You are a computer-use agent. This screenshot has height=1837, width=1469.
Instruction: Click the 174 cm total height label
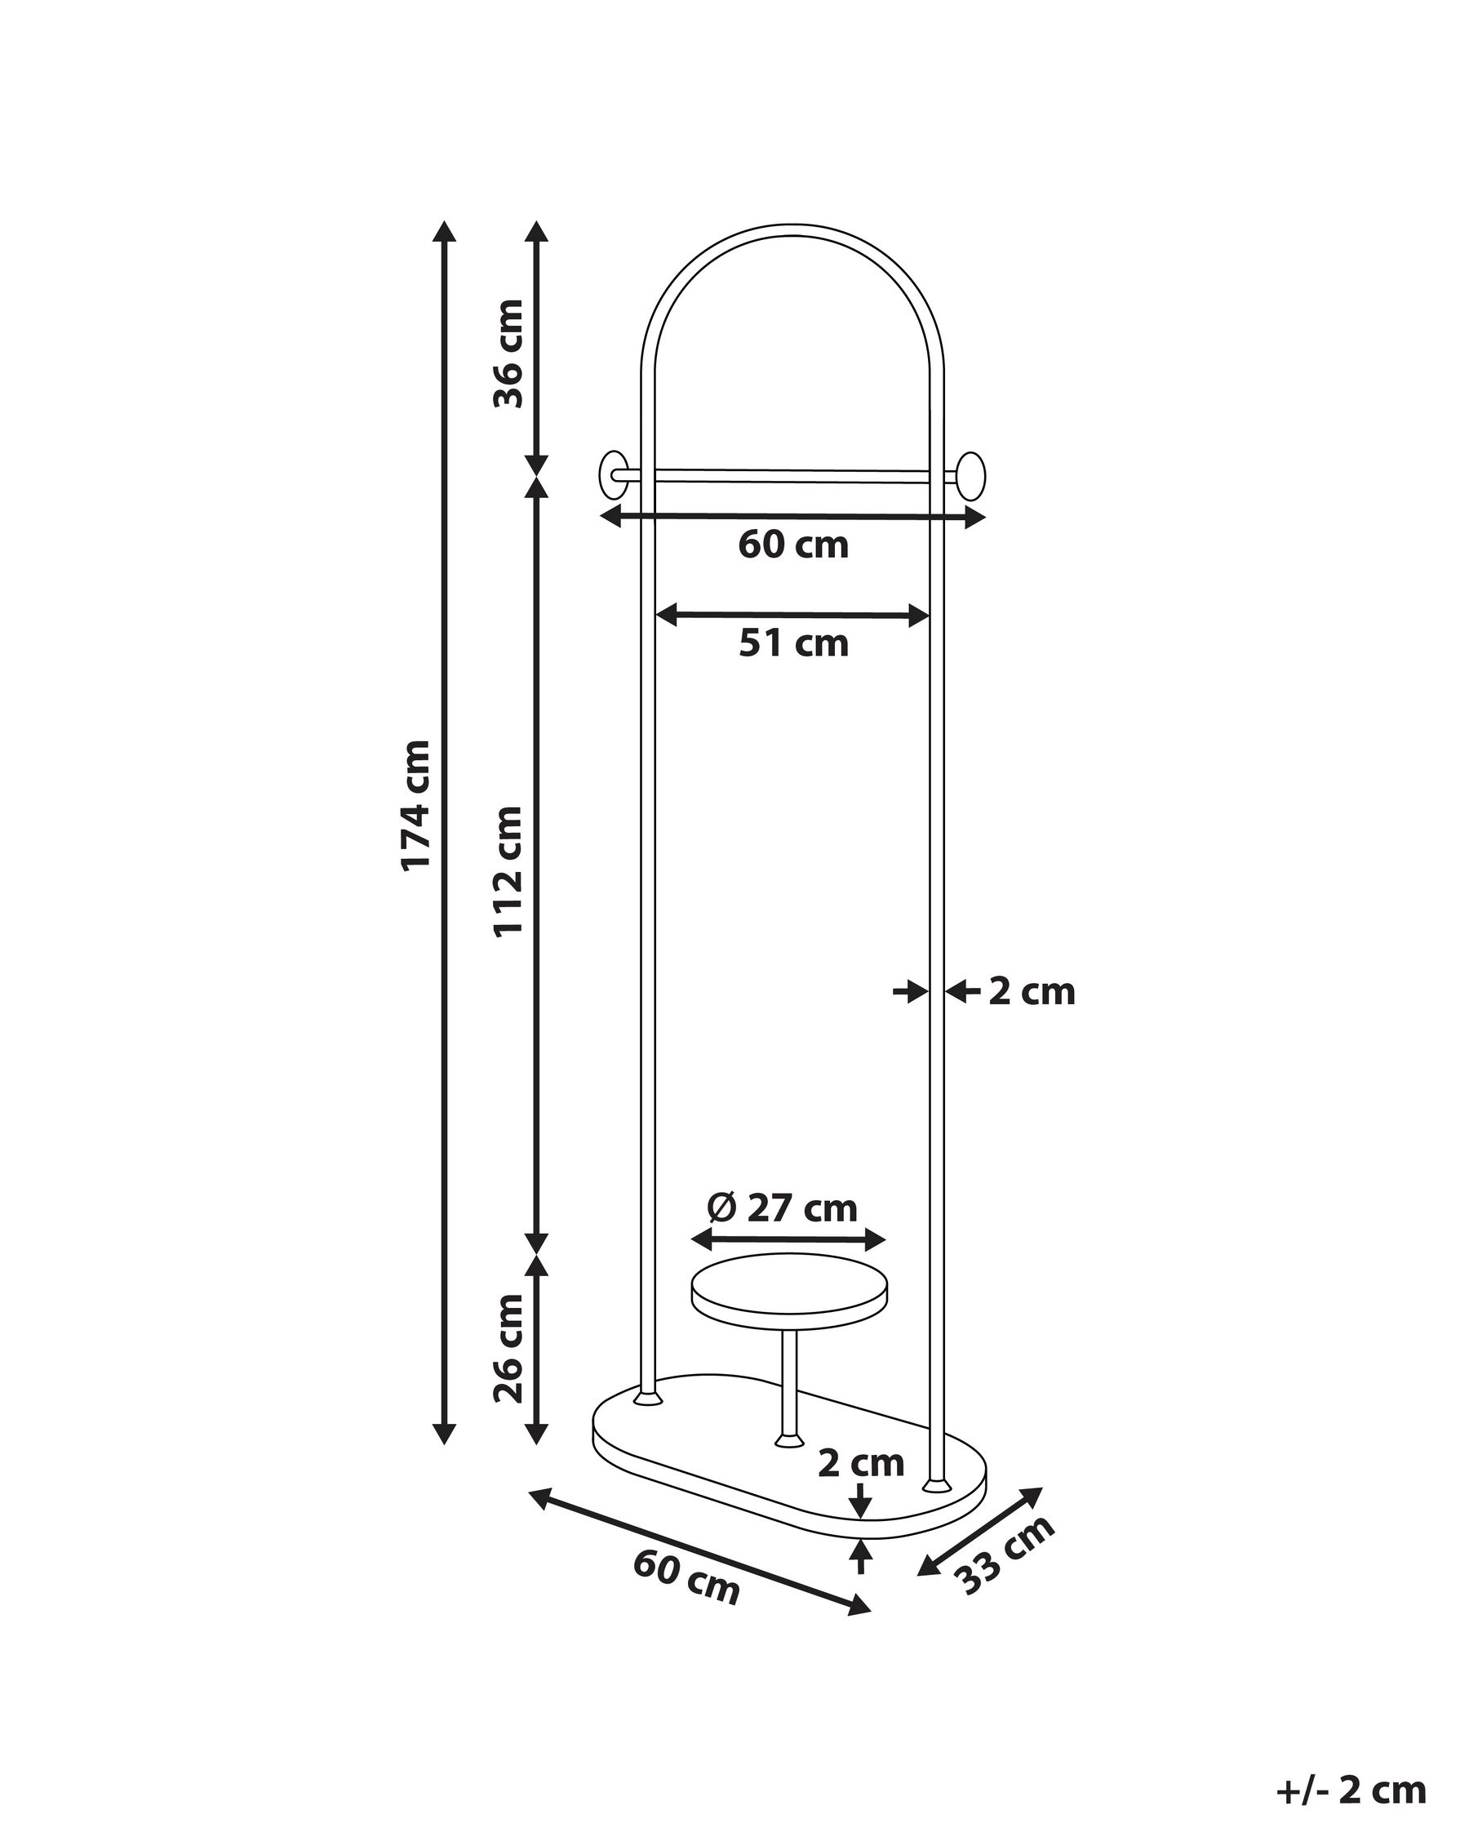pyautogui.click(x=416, y=805)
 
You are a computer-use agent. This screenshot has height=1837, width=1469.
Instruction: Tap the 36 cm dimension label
pyautogui.click(x=508, y=353)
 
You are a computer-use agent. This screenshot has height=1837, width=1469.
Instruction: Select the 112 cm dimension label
pyautogui.click(x=508, y=871)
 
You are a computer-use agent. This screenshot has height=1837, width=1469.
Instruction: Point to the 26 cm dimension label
pyautogui.click(x=508, y=1348)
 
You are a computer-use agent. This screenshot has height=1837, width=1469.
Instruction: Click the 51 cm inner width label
pyautogui.click(x=792, y=644)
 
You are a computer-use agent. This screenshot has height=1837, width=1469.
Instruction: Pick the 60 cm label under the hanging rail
pyautogui.click(x=792, y=545)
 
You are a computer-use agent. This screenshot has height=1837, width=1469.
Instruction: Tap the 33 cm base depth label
pyautogui.click(x=1005, y=1555)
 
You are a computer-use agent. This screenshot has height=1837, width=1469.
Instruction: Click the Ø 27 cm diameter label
pyautogui.click(x=782, y=1208)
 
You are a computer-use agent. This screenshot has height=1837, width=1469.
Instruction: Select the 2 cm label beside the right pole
pyautogui.click(x=1032, y=993)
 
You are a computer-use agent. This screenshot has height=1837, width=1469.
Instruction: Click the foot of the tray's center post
pyautogui.click(x=788, y=1440)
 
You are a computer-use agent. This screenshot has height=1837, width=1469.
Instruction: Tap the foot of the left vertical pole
pyautogui.click(x=648, y=1399)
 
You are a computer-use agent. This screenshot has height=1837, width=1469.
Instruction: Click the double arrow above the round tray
pyautogui.click(x=788, y=1240)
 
